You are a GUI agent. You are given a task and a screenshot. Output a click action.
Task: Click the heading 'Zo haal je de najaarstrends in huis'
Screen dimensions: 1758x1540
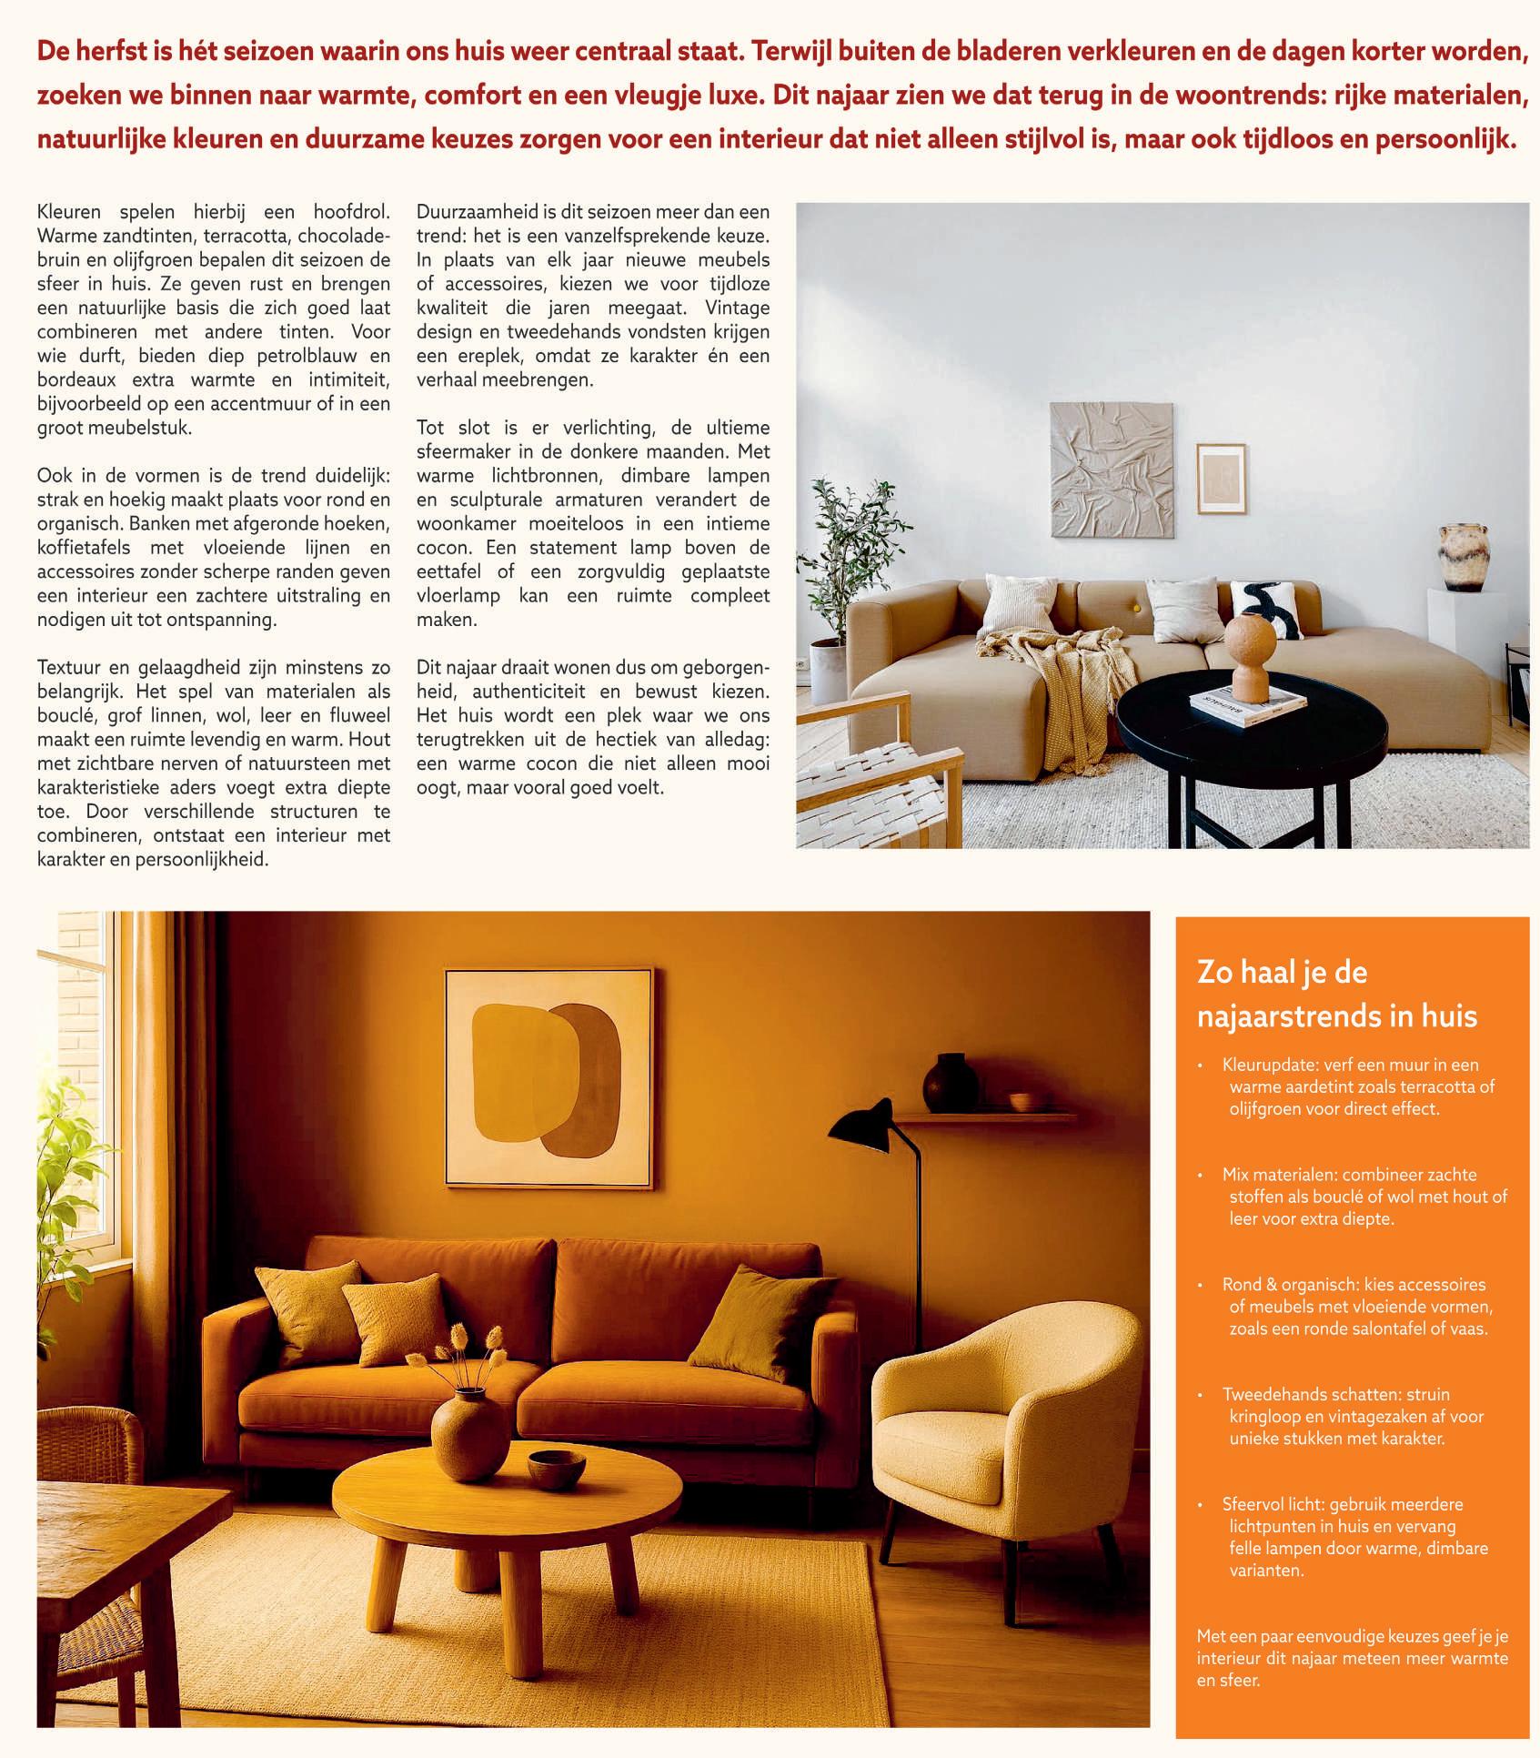pyautogui.click(x=1336, y=994)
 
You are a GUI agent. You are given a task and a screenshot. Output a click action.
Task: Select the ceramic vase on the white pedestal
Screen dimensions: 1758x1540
pyautogui.click(x=1461, y=557)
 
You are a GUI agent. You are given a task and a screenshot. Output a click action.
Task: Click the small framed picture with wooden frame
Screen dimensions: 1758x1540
pyautogui.click(x=1221, y=479)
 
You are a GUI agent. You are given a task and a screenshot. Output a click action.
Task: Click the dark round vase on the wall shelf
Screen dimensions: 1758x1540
pyautogui.click(x=951, y=1084)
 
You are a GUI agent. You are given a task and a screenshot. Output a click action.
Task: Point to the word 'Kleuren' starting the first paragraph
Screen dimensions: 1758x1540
pyautogui.click(x=69, y=212)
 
